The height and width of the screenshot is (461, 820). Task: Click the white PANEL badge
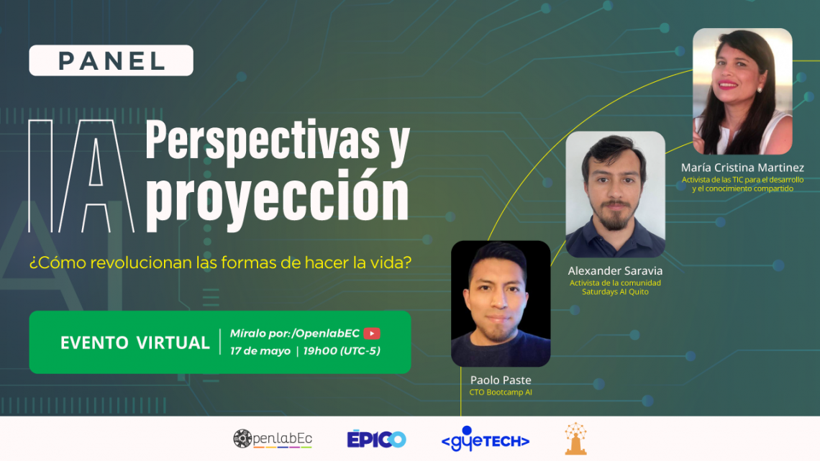pyautogui.click(x=111, y=60)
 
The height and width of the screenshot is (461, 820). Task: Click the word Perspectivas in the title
pyautogui.click(x=264, y=140)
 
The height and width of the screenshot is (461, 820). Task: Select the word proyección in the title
pyautogui.click(x=277, y=198)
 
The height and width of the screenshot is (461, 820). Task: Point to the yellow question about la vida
pyautogui.click(x=220, y=263)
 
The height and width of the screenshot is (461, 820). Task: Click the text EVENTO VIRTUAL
pyautogui.click(x=135, y=343)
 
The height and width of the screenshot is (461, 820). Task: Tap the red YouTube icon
pyautogui.click(x=372, y=334)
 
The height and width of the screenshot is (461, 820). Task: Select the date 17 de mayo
pyautogui.click(x=260, y=351)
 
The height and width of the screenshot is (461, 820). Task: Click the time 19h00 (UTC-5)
pyautogui.click(x=342, y=351)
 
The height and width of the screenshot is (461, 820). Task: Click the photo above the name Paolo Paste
pyautogui.click(x=501, y=303)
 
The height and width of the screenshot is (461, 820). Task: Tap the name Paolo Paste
pyautogui.click(x=501, y=380)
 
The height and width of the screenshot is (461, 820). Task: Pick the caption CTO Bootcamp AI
pyautogui.click(x=501, y=393)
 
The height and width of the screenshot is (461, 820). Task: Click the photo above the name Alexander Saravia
pyautogui.click(x=615, y=194)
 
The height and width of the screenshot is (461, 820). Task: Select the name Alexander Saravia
pyautogui.click(x=615, y=270)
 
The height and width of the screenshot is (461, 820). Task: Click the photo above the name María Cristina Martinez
pyautogui.click(x=742, y=91)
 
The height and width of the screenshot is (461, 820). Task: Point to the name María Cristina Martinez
pyautogui.click(x=742, y=168)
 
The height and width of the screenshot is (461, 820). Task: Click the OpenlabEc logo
pyautogui.click(x=273, y=439)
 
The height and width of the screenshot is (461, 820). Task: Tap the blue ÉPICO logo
pyautogui.click(x=376, y=439)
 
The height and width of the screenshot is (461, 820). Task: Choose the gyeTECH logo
pyautogui.click(x=486, y=439)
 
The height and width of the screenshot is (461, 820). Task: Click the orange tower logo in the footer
pyautogui.click(x=575, y=439)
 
